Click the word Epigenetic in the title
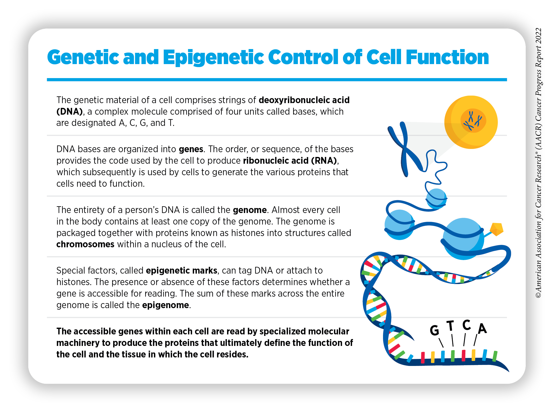pyautogui.click(x=214, y=58)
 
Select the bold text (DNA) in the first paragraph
pyautogui.click(x=70, y=111)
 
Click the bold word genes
pyautogui.click(x=191, y=149)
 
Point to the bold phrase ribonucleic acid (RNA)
pyautogui.click(x=290, y=160)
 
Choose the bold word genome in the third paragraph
pyautogui.click(x=250, y=210)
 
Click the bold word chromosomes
pyautogui.click(x=85, y=244)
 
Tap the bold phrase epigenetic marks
pyautogui.click(x=181, y=271)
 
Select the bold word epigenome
pyautogui.click(x=165, y=305)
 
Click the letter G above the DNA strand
pyautogui.click(x=435, y=330)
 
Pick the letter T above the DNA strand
pyautogui.click(x=450, y=326)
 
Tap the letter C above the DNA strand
pyautogui.click(x=466, y=325)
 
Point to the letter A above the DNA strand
pyautogui.click(x=482, y=328)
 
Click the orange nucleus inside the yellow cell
pyautogui.click(x=473, y=121)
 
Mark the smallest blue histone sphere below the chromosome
pyautogui.click(x=436, y=199)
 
